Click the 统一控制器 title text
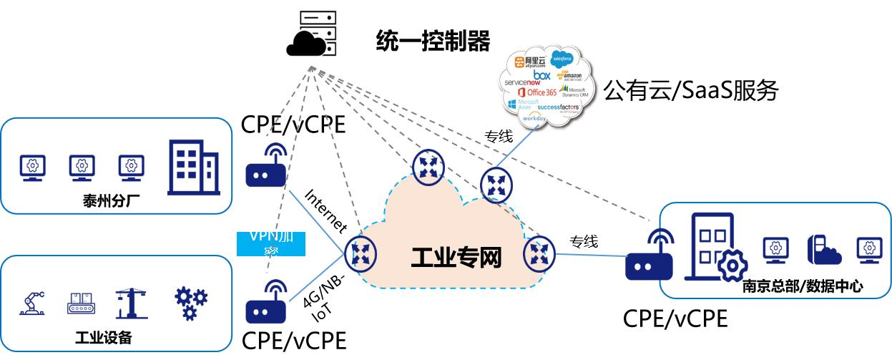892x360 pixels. (433, 41)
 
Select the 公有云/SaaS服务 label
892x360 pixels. (690, 91)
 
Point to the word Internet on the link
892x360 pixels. (325, 212)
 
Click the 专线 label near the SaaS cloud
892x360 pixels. (499, 136)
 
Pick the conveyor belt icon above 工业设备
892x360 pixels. (80, 303)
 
